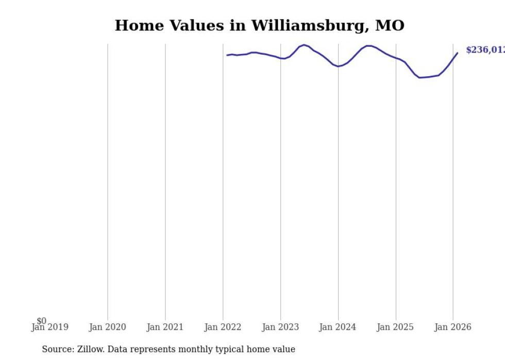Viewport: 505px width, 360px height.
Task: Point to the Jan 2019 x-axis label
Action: point(50,328)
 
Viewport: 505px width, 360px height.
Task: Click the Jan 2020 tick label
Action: point(107,328)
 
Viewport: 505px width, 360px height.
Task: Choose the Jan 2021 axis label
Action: point(165,328)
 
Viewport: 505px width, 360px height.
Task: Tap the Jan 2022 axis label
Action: point(223,328)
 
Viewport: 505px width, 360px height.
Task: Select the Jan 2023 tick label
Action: point(280,328)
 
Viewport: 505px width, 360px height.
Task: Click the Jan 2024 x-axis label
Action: point(338,328)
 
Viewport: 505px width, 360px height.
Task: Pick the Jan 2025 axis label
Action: point(395,328)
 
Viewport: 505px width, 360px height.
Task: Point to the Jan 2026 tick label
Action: point(453,328)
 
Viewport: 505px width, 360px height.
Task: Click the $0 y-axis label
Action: point(41,321)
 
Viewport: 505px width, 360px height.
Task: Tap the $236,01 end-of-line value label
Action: point(485,50)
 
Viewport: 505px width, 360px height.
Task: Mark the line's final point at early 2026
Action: point(457,53)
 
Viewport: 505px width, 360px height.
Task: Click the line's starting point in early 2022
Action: point(227,55)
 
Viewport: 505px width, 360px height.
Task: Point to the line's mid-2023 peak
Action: point(304,45)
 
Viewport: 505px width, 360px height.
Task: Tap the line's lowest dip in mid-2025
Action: point(419,78)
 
